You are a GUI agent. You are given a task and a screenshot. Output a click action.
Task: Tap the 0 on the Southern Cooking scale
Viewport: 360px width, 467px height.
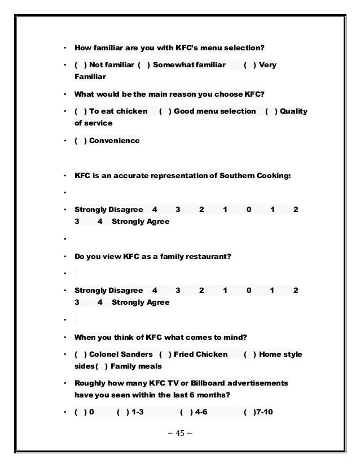tap(249, 210)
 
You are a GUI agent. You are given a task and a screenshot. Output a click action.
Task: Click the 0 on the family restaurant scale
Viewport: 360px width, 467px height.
tap(249, 291)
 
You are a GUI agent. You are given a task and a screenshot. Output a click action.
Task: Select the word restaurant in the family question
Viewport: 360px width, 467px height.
tap(207, 257)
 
